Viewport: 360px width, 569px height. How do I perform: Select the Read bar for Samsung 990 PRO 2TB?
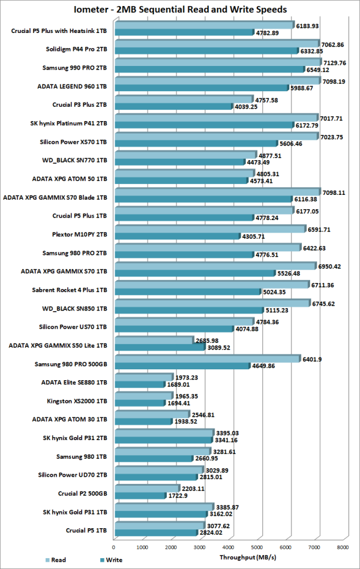pos(216,62)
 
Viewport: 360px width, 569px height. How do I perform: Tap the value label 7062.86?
pos(337,44)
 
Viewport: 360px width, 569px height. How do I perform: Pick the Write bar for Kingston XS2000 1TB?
pos(139,403)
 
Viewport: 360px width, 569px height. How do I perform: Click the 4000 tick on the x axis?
pos(228,546)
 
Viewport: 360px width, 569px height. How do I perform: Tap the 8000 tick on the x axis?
pos(342,546)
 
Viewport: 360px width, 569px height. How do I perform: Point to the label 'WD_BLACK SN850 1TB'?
pos(73,309)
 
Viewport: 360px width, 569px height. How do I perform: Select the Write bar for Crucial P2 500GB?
pos(139,496)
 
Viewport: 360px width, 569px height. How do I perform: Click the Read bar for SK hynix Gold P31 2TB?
pos(163,432)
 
